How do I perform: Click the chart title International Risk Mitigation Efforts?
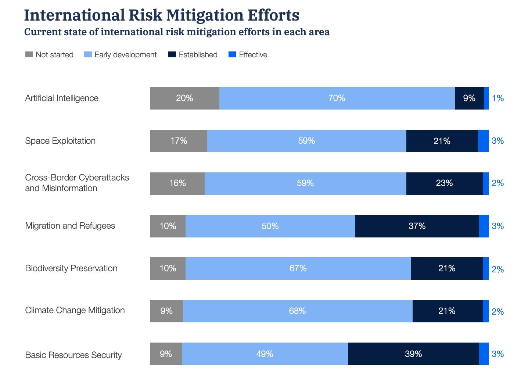tap(162, 15)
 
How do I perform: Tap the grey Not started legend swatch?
tap(29, 55)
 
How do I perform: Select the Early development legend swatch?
tap(88, 55)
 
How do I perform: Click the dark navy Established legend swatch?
tap(172, 55)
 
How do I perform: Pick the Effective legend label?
tap(253, 55)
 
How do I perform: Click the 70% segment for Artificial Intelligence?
tap(337, 98)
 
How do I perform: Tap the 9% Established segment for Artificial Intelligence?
tap(469, 98)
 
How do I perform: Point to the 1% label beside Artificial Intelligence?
tap(497, 98)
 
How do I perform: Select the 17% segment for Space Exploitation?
tap(179, 141)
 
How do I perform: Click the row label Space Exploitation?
tap(60, 141)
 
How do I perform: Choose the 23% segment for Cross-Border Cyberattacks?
tap(444, 183)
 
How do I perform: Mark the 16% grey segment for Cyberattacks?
tap(177, 183)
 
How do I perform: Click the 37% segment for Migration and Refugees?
tap(417, 226)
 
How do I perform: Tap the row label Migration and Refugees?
tap(70, 226)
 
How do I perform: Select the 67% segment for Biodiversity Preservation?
tap(298, 268)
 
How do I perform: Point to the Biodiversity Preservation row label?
tap(71, 268)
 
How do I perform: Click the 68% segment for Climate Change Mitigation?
tap(298, 311)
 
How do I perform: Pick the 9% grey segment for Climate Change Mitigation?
tap(166, 311)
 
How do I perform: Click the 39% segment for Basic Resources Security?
tap(413, 354)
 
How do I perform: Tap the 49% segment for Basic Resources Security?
tap(265, 354)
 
